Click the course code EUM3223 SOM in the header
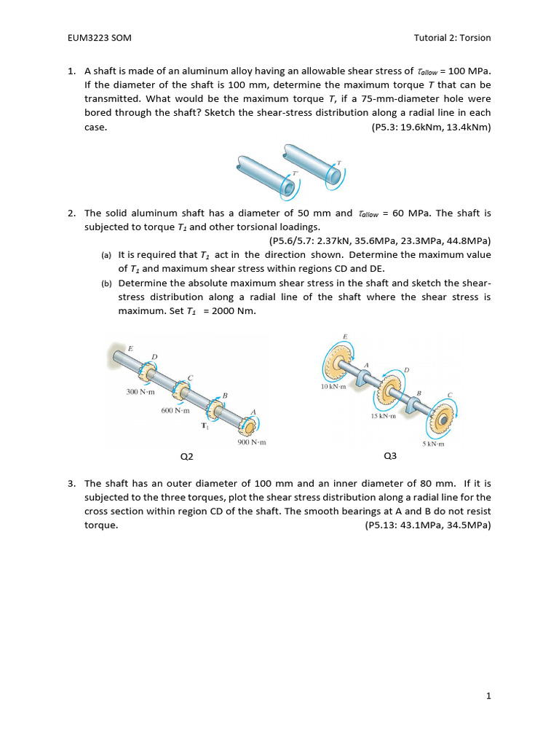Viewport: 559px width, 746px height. (98, 37)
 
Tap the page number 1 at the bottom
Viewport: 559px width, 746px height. (489, 696)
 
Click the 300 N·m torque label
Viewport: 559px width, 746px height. (141, 392)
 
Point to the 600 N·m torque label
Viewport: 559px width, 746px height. (175, 410)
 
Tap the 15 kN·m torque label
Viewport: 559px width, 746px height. (383, 416)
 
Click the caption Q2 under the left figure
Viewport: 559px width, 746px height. (187, 457)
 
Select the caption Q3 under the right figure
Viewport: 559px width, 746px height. (390, 457)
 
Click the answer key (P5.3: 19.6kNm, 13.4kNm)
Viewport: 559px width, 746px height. (431, 127)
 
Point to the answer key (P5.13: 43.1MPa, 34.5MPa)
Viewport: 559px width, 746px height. (428, 525)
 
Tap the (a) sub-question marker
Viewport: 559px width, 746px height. (106, 256)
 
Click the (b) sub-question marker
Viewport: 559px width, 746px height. (106, 283)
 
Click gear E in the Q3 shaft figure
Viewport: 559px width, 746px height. (338, 361)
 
